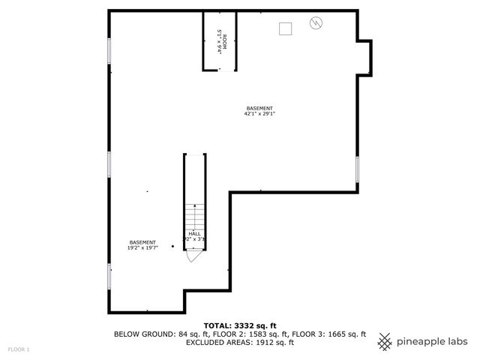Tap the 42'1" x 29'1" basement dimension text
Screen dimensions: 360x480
click(x=259, y=114)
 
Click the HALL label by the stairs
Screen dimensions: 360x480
click(x=194, y=233)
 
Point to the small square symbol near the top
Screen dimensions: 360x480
click(x=285, y=28)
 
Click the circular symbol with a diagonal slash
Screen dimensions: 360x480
click(x=315, y=23)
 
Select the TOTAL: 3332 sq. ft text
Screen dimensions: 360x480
click(x=240, y=325)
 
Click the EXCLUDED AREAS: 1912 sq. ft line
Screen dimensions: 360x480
click(x=240, y=342)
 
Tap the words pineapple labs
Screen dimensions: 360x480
click(x=433, y=341)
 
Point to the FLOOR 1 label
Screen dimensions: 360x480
click(x=19, y=349)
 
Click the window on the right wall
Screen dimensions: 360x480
click(x=358, y=169)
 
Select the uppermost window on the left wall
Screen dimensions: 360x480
click(x=109, y=51)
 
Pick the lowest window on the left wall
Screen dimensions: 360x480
click(x=109, y=274)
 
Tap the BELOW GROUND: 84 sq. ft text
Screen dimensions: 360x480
click(x=154, y=334)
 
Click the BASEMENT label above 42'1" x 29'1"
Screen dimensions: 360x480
click(x=259, y=108)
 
